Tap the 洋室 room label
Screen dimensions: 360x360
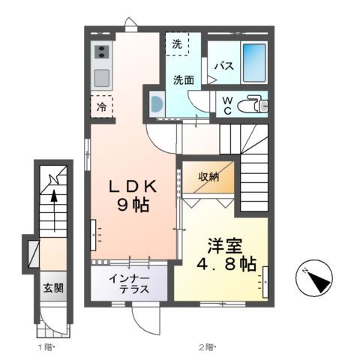(224, 244)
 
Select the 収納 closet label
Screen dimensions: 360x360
(208, 177)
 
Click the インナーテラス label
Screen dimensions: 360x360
(130, 284)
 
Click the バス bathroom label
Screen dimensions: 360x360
(224, 65)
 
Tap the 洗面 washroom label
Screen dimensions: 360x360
(183, 79)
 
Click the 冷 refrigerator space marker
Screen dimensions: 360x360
(101, 106)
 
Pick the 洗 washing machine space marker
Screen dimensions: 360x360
(176, 44)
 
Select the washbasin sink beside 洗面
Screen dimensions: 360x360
(156, 104)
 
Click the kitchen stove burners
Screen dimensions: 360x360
(101, 52)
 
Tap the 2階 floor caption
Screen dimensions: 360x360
(206, 347)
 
